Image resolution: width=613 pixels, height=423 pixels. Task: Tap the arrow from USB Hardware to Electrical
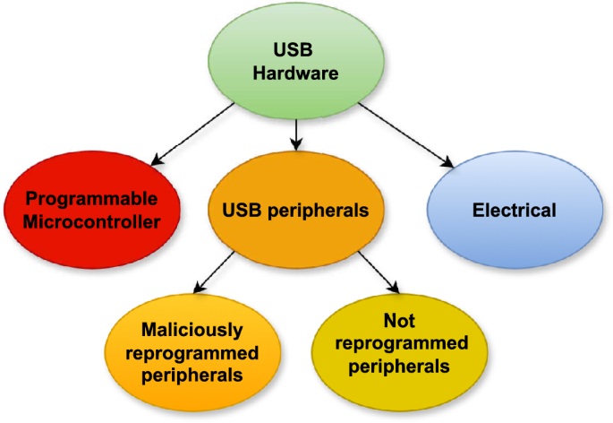click(403, 133)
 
